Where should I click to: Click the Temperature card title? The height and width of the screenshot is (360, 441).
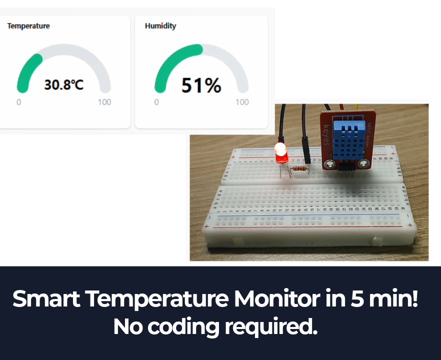click(x=28, y=25)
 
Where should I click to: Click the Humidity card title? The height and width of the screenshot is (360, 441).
click(x=160, y=25)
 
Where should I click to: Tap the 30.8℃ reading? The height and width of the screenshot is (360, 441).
click(x=64, y=84)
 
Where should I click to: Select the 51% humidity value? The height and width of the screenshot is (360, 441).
click(x=201, y=85)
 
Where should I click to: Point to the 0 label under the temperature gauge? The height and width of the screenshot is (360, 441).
click(x=19, y=102)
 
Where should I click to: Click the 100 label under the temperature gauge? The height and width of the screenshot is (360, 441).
click(x=104, y=102)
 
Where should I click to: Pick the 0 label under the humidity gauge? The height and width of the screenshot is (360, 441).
click(x=156, y=102)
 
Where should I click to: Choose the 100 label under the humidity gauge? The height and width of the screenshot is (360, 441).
click(x=242, y=102)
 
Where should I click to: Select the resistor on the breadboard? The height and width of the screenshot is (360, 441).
click(x=299, y=168)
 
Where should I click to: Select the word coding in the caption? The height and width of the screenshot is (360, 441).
click(x=183, y=326)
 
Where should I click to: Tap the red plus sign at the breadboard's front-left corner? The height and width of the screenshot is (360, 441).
click(x=206, y=226)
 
